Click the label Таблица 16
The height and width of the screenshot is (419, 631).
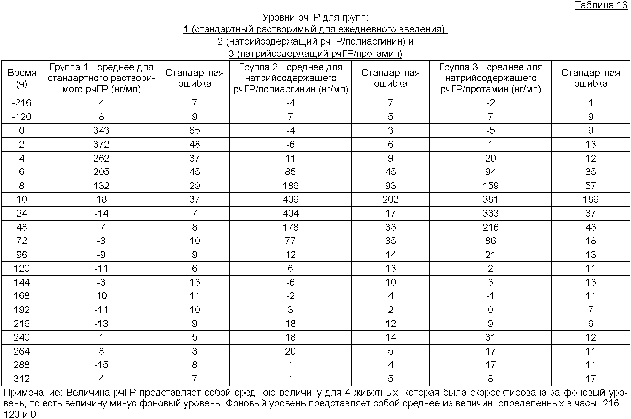(601, 6)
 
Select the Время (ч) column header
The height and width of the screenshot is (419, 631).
(22, 78)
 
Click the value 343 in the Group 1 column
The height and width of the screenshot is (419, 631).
(101, 131)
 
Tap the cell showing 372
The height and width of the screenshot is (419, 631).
(101, 144)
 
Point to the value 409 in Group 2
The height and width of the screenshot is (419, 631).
(291, 200)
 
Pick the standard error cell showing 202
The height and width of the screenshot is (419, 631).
(391, 200)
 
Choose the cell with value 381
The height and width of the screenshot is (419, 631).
(490, 200)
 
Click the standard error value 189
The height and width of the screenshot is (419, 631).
(591, 200)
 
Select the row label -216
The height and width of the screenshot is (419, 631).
(22, 103)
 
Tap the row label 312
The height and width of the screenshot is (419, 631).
(22, 379)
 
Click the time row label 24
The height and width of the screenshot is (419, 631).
(22, 213)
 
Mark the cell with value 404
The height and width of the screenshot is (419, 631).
(291, 213)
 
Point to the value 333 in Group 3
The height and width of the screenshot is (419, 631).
(490, 213)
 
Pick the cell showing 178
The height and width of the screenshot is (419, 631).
(291, 227)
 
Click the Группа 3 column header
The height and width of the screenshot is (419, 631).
(491, 78)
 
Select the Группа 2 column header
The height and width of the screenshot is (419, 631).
(291, 78)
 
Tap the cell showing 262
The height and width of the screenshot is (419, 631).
(101, 158)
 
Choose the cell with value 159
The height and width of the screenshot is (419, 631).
(490, 186)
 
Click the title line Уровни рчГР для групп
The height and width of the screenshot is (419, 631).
(315, 17)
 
